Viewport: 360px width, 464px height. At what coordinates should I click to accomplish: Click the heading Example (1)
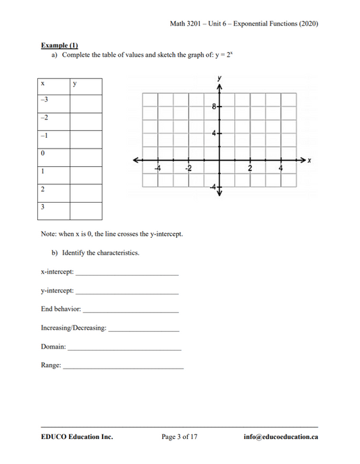coord(59,45)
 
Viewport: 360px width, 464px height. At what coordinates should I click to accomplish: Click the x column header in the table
coord(43,84)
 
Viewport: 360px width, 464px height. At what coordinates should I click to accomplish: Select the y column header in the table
coord(74,84)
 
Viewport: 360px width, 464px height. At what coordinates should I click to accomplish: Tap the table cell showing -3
coord(45,100)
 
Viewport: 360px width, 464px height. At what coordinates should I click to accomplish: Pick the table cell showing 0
coord(43,153)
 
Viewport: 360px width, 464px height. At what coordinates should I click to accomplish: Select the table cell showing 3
coord(43,207)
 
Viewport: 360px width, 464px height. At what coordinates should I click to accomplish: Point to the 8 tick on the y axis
coord(213,107)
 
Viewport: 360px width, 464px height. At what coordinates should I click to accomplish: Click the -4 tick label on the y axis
coord(211,186)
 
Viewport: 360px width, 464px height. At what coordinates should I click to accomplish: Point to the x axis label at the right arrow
coord(309,161)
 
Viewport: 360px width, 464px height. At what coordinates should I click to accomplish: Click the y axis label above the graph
coord(220,79)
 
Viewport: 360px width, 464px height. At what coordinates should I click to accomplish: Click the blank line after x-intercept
coord(128,274)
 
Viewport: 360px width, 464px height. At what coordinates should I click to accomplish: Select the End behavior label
coord(61,309)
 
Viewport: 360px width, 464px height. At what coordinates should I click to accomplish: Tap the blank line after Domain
coord(124,349)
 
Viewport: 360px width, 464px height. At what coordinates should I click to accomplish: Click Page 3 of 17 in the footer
coord(180,437)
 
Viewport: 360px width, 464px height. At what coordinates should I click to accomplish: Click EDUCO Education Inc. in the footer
coord(76,437)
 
